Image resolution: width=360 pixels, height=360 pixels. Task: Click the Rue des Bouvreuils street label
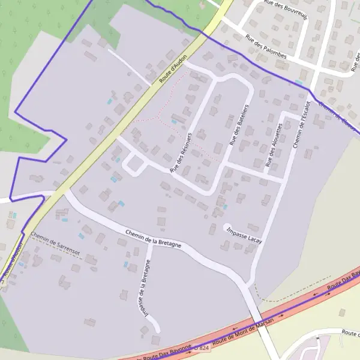285,10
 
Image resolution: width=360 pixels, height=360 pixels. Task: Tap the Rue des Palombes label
266,47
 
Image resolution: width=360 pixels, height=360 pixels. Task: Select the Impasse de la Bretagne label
143,287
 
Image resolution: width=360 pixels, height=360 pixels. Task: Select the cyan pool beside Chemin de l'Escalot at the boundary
298,82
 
